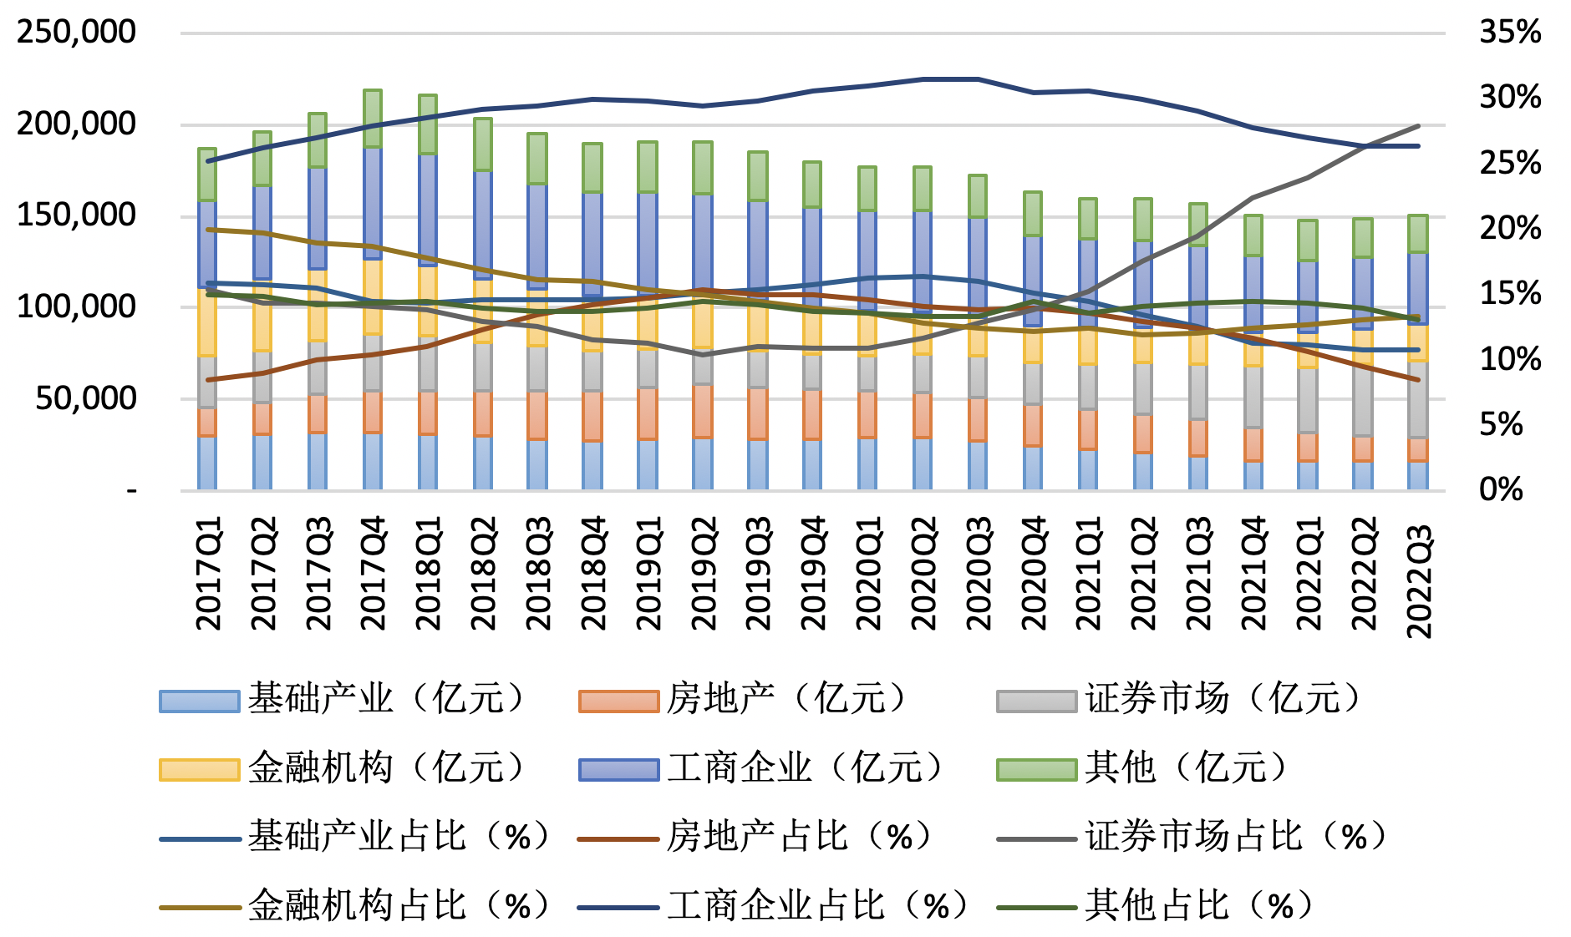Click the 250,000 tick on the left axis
(76, 32)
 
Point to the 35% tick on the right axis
(1510, 32)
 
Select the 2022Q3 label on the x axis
(1419, 581)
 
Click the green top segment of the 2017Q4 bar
(373, 119)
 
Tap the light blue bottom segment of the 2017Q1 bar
(207, 463)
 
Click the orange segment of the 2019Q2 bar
(704, 411)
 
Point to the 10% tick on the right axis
(1510, 359)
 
